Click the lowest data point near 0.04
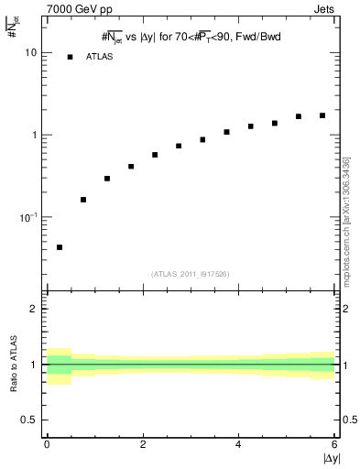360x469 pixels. point(60,247)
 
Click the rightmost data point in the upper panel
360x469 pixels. point(322,115)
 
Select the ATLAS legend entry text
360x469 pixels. point(99,57)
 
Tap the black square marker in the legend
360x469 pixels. point(71,57)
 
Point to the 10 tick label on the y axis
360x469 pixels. point(31,53)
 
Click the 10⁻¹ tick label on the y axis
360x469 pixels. point(30,217)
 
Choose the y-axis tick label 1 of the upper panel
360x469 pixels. point(35,136)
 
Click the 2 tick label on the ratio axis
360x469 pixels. point(34,310)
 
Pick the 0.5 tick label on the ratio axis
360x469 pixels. point(29,420)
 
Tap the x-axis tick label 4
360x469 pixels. point(239,445)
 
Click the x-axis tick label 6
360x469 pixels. point(334,445)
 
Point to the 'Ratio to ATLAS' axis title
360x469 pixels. point(12,365)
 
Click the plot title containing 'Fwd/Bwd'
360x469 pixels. point(191,37)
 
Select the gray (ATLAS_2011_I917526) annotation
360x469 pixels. point(191,274)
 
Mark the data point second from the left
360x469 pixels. point(83,200)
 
